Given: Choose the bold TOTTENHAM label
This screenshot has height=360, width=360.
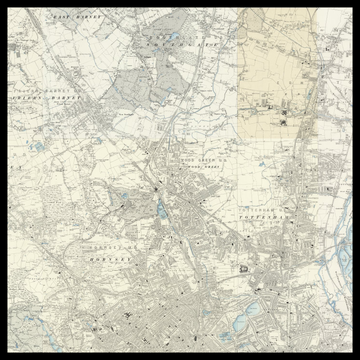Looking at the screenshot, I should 266,215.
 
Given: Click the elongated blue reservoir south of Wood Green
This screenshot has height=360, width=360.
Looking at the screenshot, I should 161,211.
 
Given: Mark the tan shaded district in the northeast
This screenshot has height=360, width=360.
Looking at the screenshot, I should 280,80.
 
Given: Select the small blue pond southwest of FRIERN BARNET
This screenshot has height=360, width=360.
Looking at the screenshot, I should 38,147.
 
